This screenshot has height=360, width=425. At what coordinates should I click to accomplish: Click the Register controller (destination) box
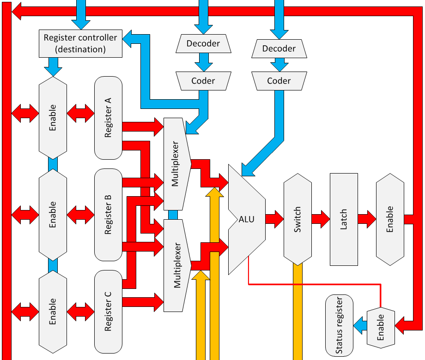tap(80, 43)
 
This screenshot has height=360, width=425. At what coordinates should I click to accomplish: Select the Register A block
tap(108, 118)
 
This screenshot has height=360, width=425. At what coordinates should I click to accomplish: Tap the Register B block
tap(108, 215)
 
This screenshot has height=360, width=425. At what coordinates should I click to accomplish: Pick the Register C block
tap(108, 312)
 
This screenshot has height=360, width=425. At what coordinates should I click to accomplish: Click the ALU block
tap(246, 219)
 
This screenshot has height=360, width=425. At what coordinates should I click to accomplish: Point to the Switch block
tap(297, 219)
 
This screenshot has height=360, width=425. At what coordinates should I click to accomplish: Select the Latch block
tap(344, 219)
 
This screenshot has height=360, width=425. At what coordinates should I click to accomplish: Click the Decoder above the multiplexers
tap(203, 44)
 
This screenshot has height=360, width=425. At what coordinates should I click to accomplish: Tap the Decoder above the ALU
tap(279, 48)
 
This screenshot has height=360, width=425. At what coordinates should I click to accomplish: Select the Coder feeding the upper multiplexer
tap(203, 81)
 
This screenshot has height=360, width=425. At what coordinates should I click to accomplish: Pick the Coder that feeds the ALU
tap(279, 81)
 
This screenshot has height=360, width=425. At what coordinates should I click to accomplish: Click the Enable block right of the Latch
tap(390, 219)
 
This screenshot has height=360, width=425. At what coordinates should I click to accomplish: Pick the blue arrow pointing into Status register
tap(360, 327)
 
